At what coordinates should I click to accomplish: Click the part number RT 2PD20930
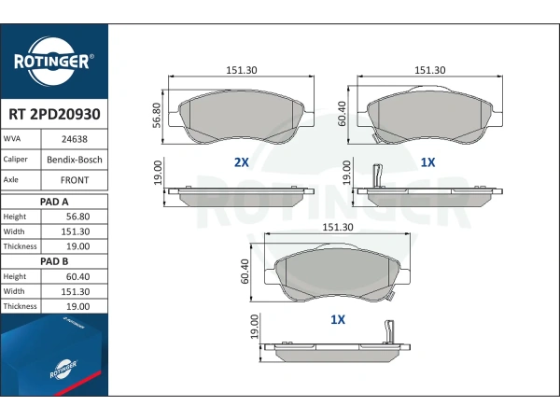[54, 114]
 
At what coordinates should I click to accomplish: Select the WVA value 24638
[75, 139]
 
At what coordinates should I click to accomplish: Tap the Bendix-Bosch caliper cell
[75, 160]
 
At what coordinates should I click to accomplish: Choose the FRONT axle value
[75, 180]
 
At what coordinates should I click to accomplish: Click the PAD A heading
[54, 202]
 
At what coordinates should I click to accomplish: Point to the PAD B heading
[54, 261]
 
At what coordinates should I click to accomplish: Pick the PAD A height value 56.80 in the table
[77, 217]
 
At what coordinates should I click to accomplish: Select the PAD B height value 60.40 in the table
[77, 276]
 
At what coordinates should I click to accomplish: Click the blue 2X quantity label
[242, 162]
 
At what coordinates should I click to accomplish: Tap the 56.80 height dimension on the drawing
[157, 116]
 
